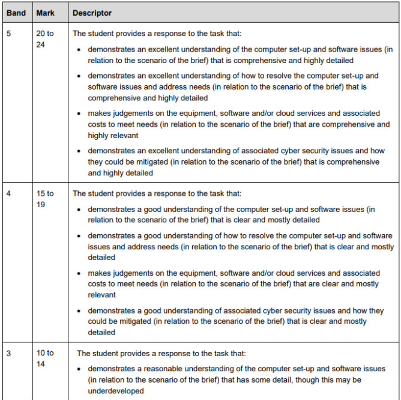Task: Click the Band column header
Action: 16,13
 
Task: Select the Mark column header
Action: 46,13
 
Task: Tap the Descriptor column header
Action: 92,13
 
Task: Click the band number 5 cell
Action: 8,34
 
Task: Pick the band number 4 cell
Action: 8,193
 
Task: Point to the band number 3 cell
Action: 8,353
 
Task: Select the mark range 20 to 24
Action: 45,39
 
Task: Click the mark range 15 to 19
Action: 45,198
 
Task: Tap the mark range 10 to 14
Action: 45,358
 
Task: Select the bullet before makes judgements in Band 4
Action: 79,273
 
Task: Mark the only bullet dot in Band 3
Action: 79,368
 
